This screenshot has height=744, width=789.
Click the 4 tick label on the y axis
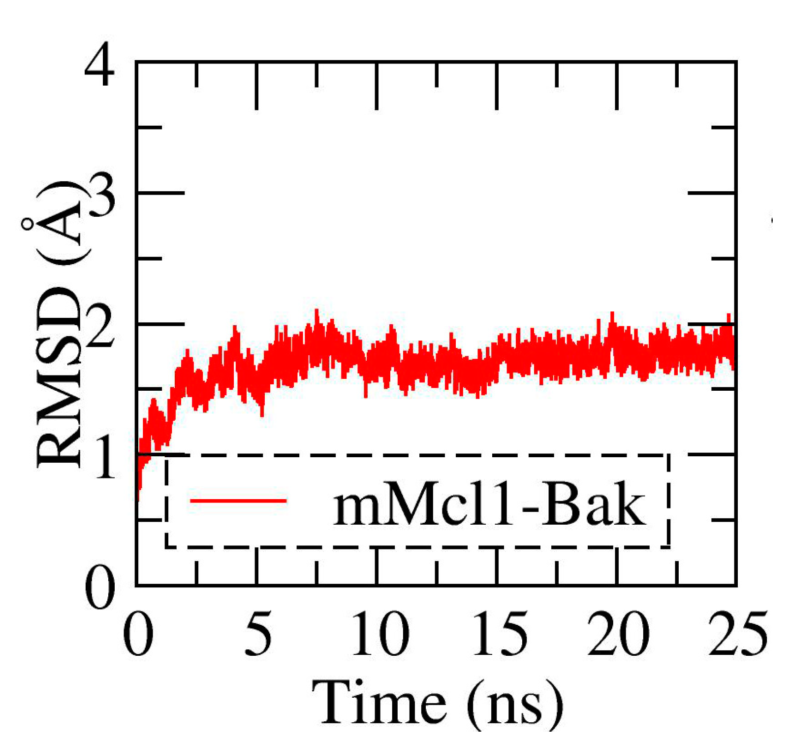pyautogui.click(x=99, y=66)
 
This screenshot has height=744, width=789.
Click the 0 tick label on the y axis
pyautogui.click(x=100, y=588)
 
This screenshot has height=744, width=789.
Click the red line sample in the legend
pyautogui.click(x=238, y=501)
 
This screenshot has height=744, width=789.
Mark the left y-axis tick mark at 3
pyautogui.click(x=160, y=193)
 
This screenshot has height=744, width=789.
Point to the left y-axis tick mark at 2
pyautogui.click(x=160, y=324)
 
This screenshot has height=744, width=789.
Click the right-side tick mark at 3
pyautogui.click(x=712, y=193)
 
